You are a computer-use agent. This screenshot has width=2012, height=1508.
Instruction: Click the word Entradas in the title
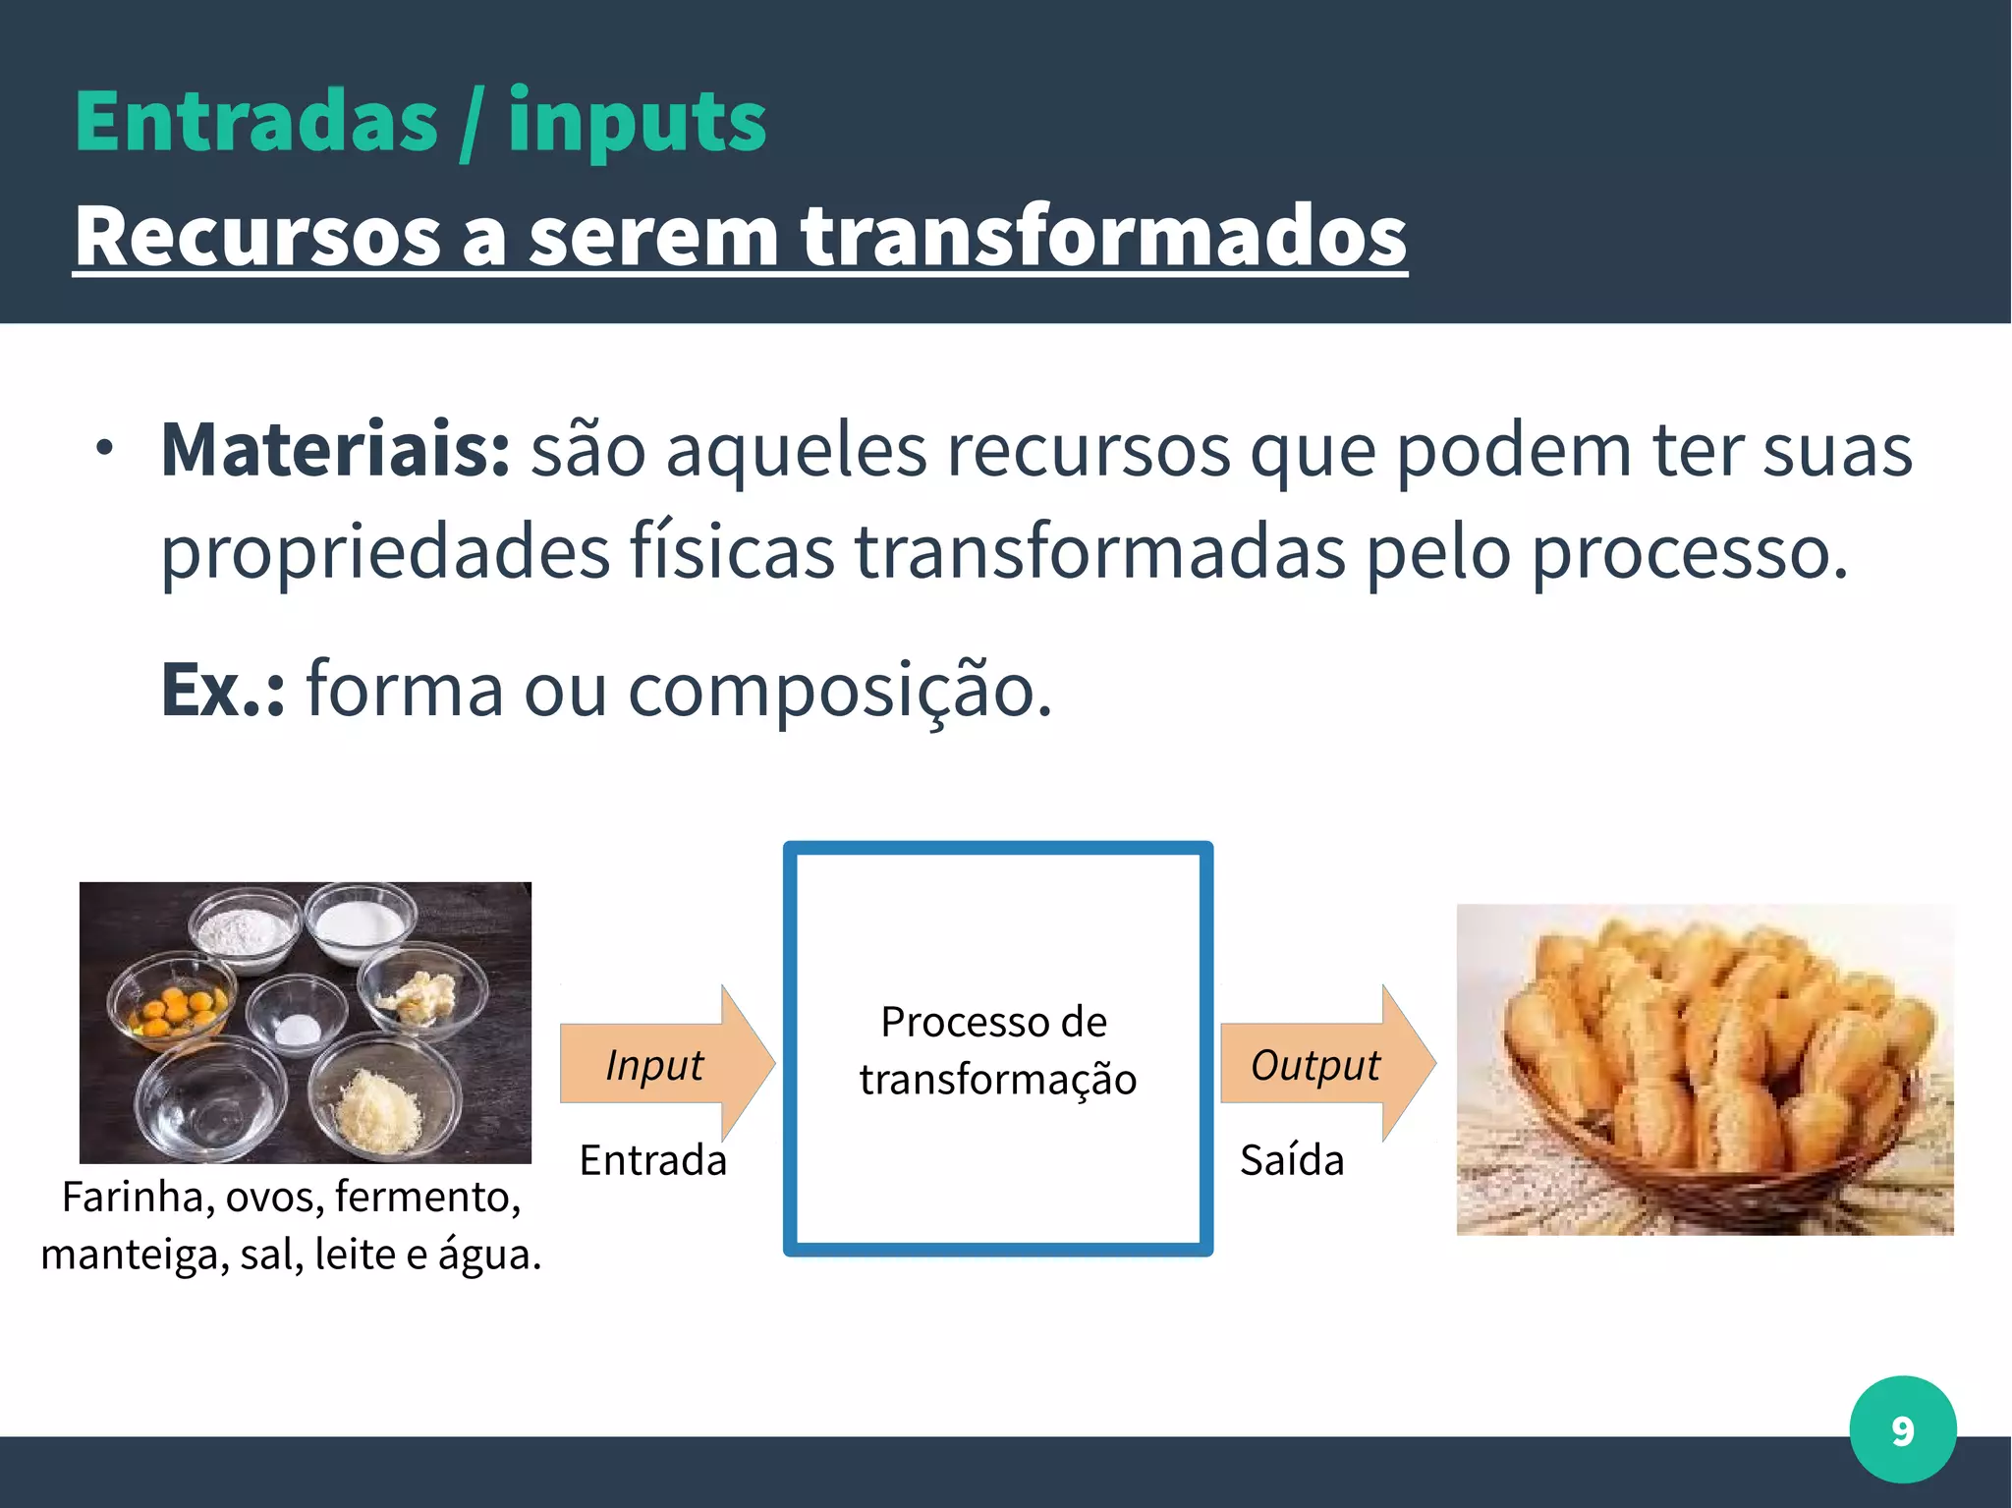256,122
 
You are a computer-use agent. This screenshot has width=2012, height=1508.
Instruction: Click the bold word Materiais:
335,450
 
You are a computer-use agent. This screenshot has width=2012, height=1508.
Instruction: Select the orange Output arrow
1326,1064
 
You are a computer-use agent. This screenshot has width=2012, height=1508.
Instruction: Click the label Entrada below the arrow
653,1160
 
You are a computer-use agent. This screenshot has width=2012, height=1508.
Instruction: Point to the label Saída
1292,1160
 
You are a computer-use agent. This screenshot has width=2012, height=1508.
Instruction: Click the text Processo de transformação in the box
997,1050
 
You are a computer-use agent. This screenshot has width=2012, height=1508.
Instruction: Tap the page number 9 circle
1902,1429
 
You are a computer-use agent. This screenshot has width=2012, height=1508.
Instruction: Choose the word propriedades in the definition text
385,552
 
